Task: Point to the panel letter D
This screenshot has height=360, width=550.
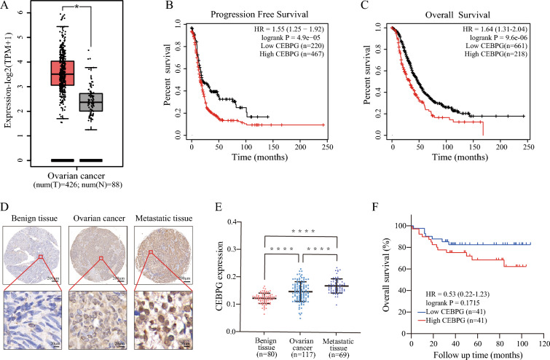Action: (x=7, y=197)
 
